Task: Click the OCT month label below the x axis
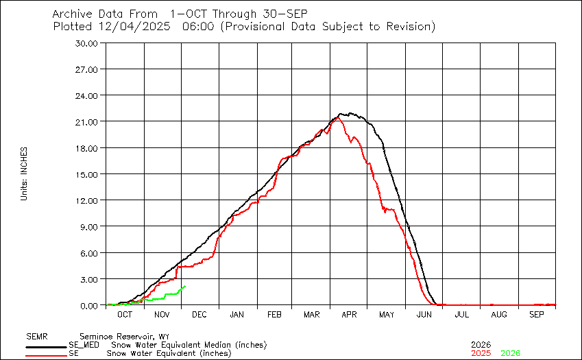pyautogui.click(x=125, y=314)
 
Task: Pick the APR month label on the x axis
pyautogui.click(x=350, y=314)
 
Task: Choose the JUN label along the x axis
pyautogui.click(x=424, y=314)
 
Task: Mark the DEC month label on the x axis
pyautogui.click(x=199, y=314)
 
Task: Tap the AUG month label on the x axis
pyautogui.click(x=499, y=314)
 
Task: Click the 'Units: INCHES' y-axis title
pyautogui.click(x=24, y=174)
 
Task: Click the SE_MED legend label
pyautogui.click(x=82, y=345)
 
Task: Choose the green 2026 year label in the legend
pyautogui.click(x=511, y=353)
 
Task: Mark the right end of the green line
pyautogui.click(x=185, y=287)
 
